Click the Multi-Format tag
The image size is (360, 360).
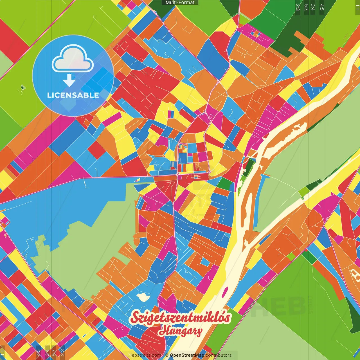tap(180, 3)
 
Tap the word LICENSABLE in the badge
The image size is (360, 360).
tap(73, 95)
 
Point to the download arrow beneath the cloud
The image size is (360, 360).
tap(69, 80)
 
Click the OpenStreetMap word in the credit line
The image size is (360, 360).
tap(187, 355)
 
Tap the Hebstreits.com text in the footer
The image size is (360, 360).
tap(145, 355)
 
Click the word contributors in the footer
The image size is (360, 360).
tap(219, 355)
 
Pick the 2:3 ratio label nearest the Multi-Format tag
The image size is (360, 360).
tap(298, 7)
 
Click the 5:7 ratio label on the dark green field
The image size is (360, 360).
tap(306, 7)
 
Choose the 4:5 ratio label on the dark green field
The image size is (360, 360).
tap(322, 7)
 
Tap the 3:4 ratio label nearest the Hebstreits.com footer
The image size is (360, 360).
tap(47, 352)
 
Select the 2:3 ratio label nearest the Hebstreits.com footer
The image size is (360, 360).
tap(62, 352)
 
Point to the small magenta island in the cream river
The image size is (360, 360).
tap(225, 292)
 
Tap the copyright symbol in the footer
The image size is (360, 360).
tap(166, 355)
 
